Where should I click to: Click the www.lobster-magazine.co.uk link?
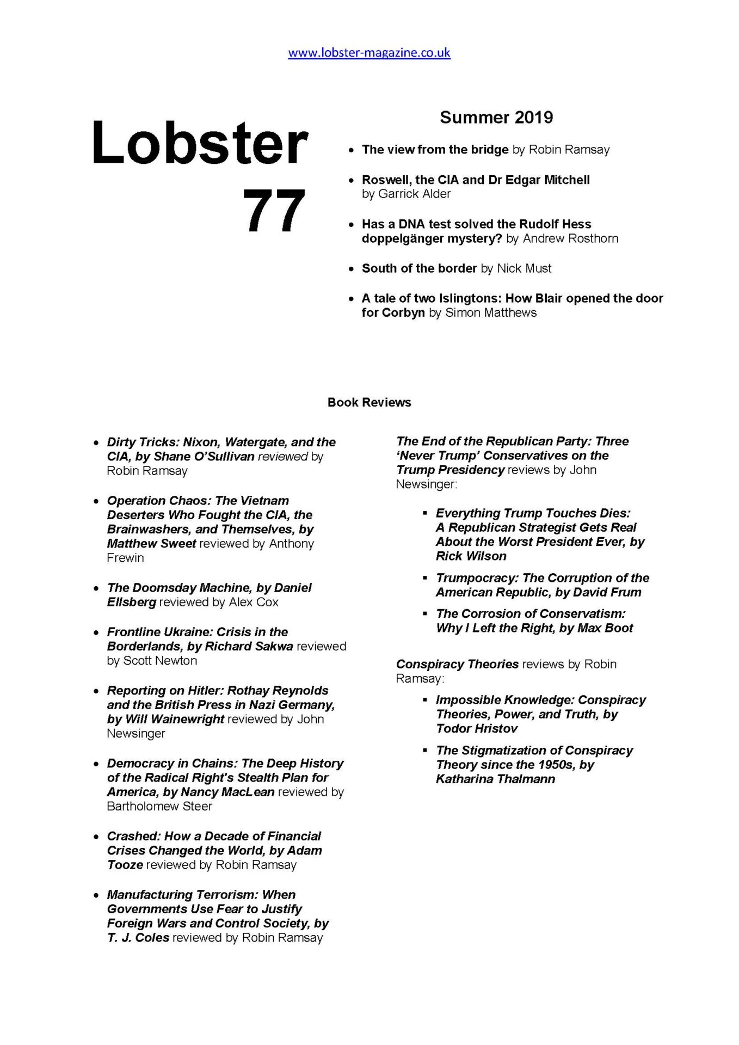(369, 53)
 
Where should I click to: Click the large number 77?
(273, 211)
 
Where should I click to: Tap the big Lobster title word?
(200, 143)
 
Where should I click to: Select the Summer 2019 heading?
(496, 117)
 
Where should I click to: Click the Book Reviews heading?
(369, 402)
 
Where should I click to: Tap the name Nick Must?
(524, 268)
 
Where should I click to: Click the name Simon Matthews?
(490, 312)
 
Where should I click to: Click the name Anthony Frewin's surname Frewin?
(125, 558)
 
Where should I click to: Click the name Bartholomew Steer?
(159, 806)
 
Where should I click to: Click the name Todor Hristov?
(477, 728)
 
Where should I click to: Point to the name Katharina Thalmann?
(495, 779)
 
